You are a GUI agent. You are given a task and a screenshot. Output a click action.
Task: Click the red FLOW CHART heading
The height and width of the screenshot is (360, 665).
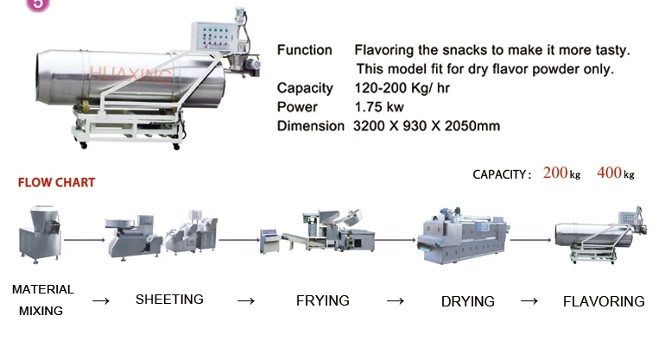[56, 183]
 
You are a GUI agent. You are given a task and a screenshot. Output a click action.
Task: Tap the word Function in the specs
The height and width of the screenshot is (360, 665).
[304, 50]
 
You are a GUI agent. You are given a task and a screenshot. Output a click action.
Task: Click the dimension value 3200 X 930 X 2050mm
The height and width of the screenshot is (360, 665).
[427, 126]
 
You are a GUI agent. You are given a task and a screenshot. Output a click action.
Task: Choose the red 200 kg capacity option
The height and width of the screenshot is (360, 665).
[561, 174]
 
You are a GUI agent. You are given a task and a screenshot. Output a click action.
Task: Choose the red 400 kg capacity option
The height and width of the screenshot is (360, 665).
[615, 174]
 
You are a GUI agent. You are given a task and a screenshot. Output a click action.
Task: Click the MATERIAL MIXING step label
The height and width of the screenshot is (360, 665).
[42, 300]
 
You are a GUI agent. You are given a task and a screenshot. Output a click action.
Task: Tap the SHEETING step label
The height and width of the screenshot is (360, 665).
[169, 300]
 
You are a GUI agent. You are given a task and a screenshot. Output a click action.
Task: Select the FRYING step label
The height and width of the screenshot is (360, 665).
[322, 300]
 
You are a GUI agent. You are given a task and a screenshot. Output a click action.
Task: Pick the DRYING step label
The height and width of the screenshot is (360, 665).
[467, 301]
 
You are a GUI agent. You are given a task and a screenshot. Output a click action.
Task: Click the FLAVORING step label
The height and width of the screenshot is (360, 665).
[604, 301]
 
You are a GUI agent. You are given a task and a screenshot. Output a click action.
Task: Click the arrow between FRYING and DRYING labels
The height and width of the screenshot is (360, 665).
[396, 301]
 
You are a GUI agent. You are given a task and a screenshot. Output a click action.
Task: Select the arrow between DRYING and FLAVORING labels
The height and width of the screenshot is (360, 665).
[529, 301]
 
